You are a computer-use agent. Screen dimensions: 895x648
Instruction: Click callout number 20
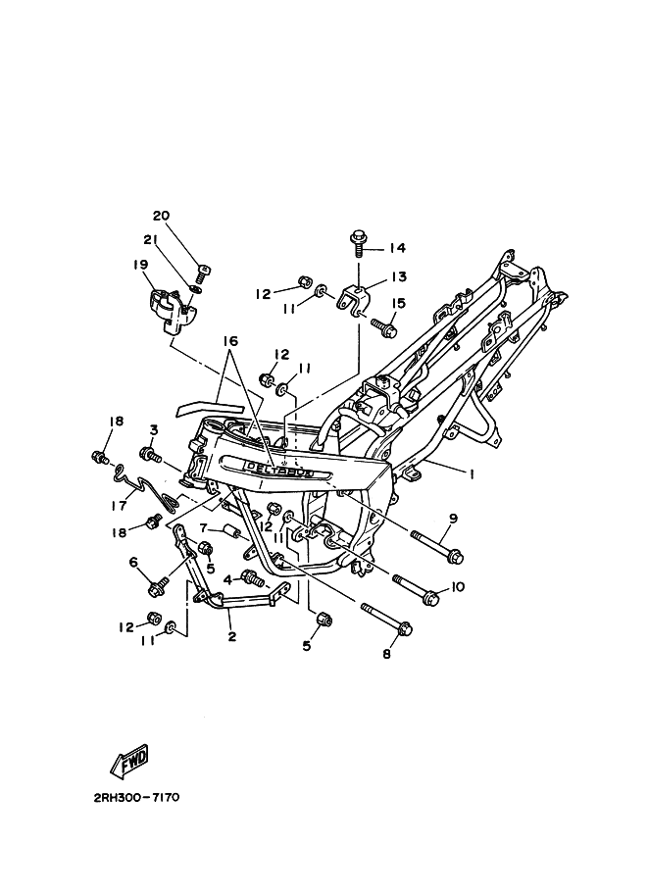[x=162, y=216]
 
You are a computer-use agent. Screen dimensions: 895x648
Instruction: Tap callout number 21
[x=150, y=240]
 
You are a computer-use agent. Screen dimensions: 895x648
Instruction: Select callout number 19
[x=140, y=264]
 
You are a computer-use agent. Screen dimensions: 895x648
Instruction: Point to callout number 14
[x=398, y=247]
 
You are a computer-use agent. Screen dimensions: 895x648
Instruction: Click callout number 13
[x=398, y=277]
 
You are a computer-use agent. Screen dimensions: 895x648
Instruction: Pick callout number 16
[x=230, y=341]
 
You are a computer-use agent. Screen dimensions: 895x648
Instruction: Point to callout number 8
[x=386, y=654]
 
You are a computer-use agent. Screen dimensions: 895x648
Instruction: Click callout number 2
[x=232, y=636]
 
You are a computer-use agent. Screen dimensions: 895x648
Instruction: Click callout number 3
[x=154, y=429]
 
